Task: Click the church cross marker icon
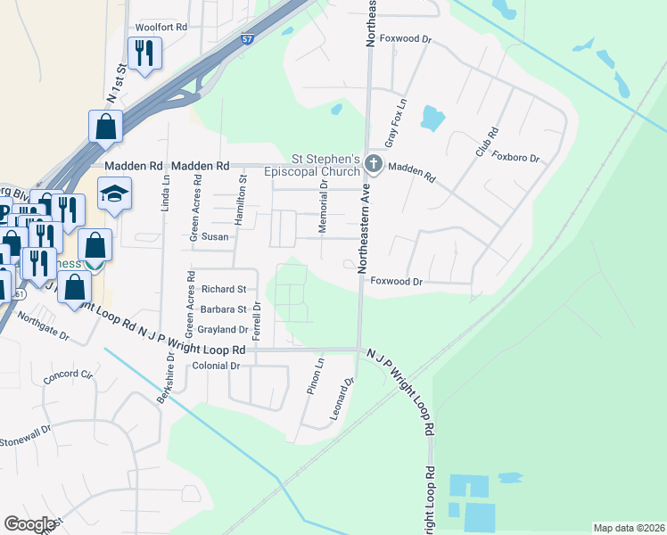point(374,164)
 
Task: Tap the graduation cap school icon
point(114,194)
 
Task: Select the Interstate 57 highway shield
point(247,39)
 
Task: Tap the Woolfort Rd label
point(161,28)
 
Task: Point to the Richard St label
point(223,289)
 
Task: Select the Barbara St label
point(223,309)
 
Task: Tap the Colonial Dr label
point(217,366)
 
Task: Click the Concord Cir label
point(68,375)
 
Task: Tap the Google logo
point(29,523)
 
